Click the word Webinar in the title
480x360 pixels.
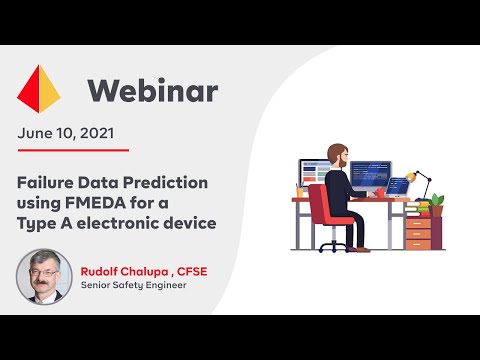click(152, 91)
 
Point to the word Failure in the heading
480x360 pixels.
click(48, 183)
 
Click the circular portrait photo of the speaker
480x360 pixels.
click(44, 276)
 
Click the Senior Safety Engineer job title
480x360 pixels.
click(134, 285)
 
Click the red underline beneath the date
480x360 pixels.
click(73, 150)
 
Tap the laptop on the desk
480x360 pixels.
click(397, 187)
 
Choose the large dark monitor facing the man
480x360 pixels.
click(370, 175)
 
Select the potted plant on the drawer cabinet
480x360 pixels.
click(436, 202)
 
